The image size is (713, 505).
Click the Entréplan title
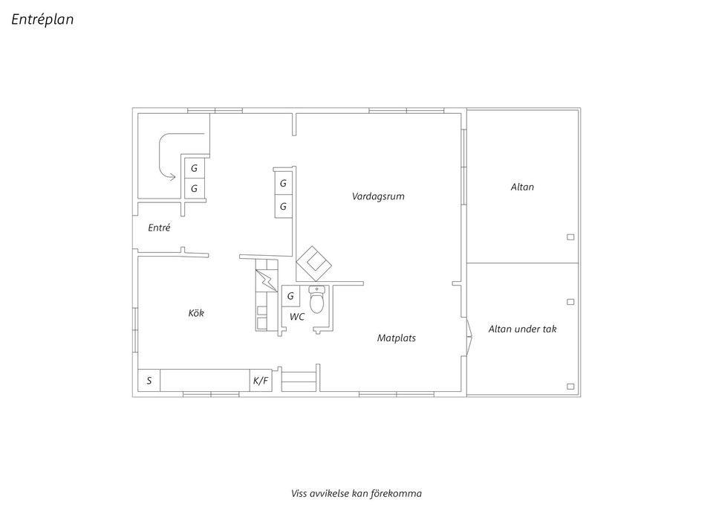[x=42, y=19]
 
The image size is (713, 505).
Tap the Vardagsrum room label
[x=378, y=196]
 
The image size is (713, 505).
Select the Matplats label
[x=397, y=338]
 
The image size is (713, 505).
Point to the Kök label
[x=196, y=313]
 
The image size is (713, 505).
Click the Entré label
[x=159, y=228]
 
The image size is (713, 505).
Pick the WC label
[x=297, y=317]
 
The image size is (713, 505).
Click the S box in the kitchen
[x=149, y=380]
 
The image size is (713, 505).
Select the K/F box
[x=261, y=380]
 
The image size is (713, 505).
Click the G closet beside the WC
[x=290, y=296]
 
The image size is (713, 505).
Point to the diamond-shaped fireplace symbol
[x=313, y=264]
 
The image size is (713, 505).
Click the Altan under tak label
[x=522, y=329]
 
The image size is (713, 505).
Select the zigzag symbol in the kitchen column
[x=267, y=280]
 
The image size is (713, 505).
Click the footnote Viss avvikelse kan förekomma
[x=356, y=493]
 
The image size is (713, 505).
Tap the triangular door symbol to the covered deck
[x=469, y=336]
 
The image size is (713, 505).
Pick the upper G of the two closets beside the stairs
[x=194, y=168]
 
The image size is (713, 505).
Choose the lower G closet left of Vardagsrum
[x=283, y=206]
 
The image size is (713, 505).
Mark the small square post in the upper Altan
[x=570, y=237]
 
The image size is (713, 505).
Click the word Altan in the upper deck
[x=522, y=187]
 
